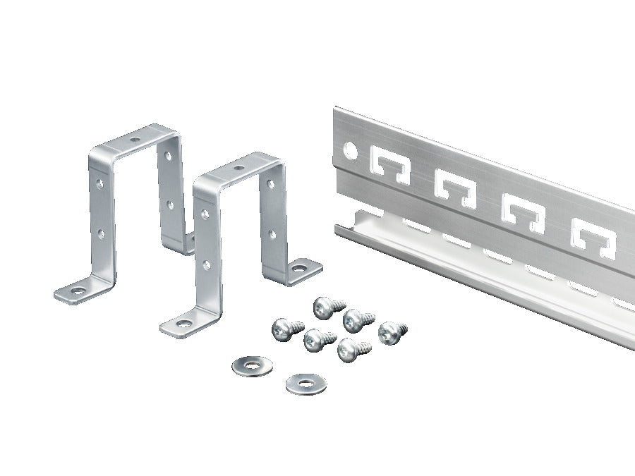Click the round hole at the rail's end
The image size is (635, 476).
click(349, 149)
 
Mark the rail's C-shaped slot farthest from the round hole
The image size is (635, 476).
click(594, 236)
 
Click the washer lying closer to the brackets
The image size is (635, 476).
click(252, 365)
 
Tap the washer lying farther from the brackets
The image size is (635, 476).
click(306, 384)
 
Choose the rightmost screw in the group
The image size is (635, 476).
click(391, 331)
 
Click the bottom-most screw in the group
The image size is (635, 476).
click(351, 349)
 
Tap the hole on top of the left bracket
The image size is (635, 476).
click(135, 140)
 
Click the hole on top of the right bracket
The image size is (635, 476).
click(240, 168)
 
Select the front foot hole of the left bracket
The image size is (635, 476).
click(76, 289)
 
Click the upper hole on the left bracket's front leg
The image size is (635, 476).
click(101, 184)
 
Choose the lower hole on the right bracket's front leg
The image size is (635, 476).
click(206, 265)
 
